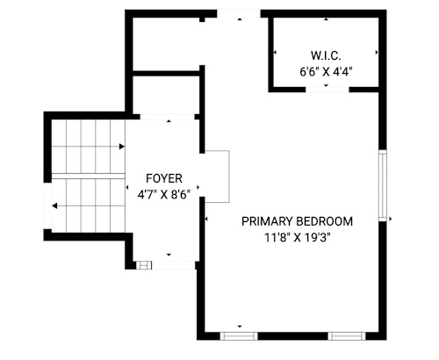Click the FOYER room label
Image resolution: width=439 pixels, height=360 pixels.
[164, 178]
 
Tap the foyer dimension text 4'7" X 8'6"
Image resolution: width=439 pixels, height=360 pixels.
[164, 194]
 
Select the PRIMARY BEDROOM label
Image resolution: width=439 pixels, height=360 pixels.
[297, 221]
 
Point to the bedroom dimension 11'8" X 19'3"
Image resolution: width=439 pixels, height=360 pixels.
[297, 237]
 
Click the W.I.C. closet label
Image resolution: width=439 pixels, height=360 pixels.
[326, 55]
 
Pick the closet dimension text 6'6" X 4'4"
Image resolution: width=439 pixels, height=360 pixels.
[326, 71]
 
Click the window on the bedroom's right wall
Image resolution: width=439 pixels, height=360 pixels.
[383, 186]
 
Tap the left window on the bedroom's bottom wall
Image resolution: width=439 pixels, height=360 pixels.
[239, 336]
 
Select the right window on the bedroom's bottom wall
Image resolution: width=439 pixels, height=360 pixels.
[347, 336]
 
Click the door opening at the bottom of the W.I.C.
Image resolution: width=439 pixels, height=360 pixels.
[327, 90]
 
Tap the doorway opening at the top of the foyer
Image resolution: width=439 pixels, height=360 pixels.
[168, 117]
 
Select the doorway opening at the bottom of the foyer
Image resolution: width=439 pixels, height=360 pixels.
[173, 265]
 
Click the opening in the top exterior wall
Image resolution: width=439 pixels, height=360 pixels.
[239, 13]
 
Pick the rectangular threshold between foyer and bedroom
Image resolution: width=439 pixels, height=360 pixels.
[217, 176]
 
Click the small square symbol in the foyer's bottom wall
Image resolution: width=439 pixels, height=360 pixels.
[144, 265]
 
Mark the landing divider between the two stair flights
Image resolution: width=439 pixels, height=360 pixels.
[89, 176]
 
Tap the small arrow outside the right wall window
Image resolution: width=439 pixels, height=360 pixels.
[391, 219]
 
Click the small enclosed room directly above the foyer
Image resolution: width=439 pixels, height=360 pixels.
[166, 95]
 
